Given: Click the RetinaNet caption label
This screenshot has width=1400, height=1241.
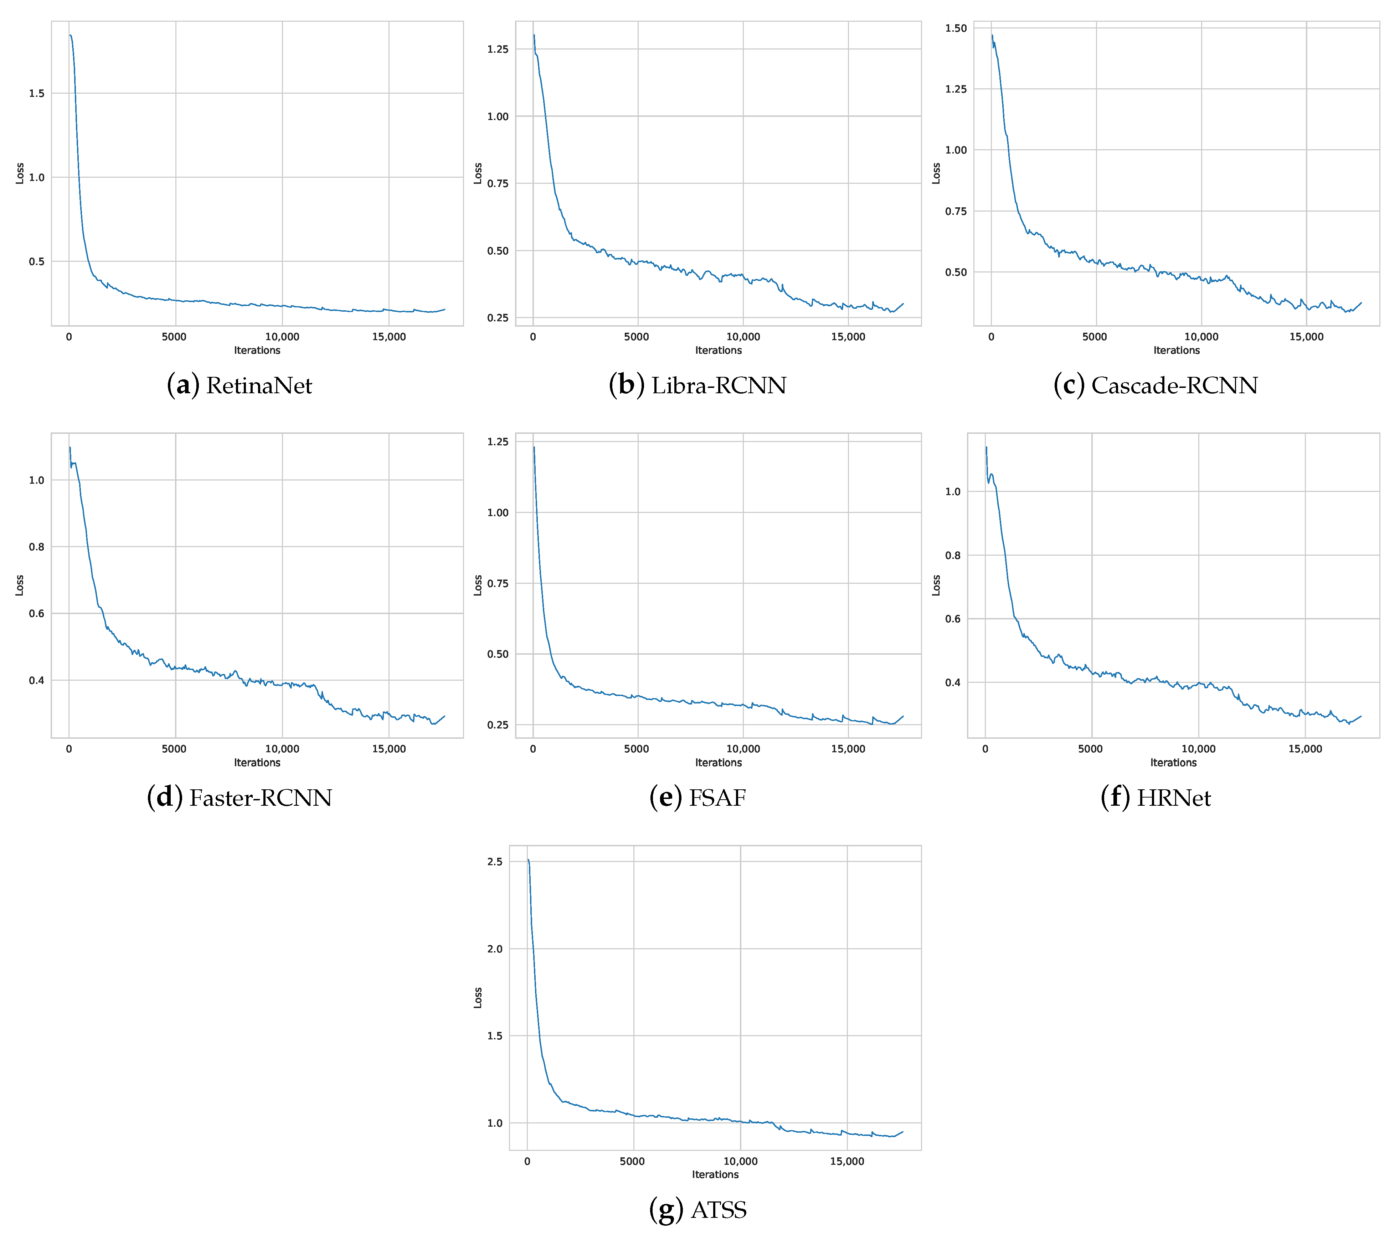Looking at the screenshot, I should [x=240, y=385].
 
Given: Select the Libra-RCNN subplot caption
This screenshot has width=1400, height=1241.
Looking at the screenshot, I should [x=697, y=385].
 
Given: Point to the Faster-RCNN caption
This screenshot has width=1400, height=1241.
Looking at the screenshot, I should [x=240, y=798].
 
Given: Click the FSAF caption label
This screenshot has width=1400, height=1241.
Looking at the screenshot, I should [x=697, y=798].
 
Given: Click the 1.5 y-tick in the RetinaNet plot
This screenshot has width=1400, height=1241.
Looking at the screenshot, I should [x=36, y=93].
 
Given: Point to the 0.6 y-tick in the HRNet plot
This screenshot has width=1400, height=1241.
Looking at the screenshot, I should [x=953, y=619].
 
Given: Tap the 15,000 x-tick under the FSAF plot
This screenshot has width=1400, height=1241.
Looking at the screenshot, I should [x=848, y=749].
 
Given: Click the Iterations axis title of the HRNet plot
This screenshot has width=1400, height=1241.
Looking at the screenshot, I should [x=1173, y=763].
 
